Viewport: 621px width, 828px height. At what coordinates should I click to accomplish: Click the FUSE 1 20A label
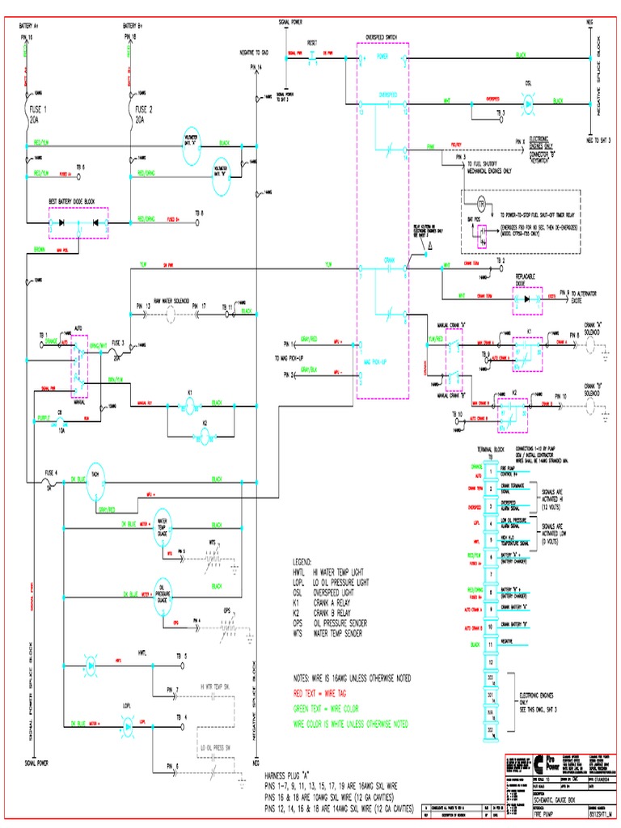39,114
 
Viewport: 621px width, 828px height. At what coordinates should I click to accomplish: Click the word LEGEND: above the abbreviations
302,560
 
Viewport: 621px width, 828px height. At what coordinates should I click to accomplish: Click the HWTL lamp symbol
91,665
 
